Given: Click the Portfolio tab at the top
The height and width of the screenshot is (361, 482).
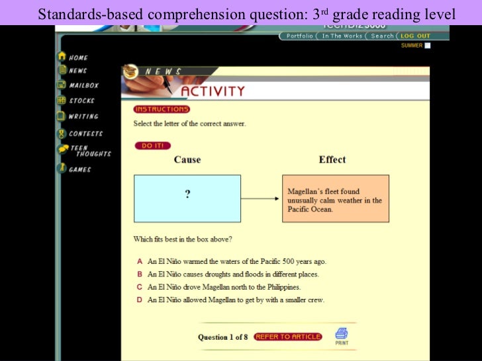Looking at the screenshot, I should (x=300, y=36).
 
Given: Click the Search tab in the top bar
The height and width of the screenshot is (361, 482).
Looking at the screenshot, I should (x=383, y=36).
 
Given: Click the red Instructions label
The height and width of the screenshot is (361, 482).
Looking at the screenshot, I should (x=161, y=109).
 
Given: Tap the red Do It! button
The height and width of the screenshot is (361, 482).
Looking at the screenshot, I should (x=152, y=145).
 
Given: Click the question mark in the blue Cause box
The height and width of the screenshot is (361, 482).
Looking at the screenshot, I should (x=187, y=194).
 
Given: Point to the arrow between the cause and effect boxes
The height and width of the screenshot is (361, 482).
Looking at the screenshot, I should (x=261, y=198).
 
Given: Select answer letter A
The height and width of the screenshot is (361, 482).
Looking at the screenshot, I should (x=140, y=261).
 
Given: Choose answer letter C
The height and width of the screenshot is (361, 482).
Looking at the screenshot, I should (x=140, y=287).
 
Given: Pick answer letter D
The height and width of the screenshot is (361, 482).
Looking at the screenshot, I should (x=140, y=300).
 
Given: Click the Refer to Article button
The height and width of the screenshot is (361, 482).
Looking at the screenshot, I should (x=287, y=337).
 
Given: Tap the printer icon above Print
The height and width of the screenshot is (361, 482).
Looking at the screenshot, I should (x=341, y=333).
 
